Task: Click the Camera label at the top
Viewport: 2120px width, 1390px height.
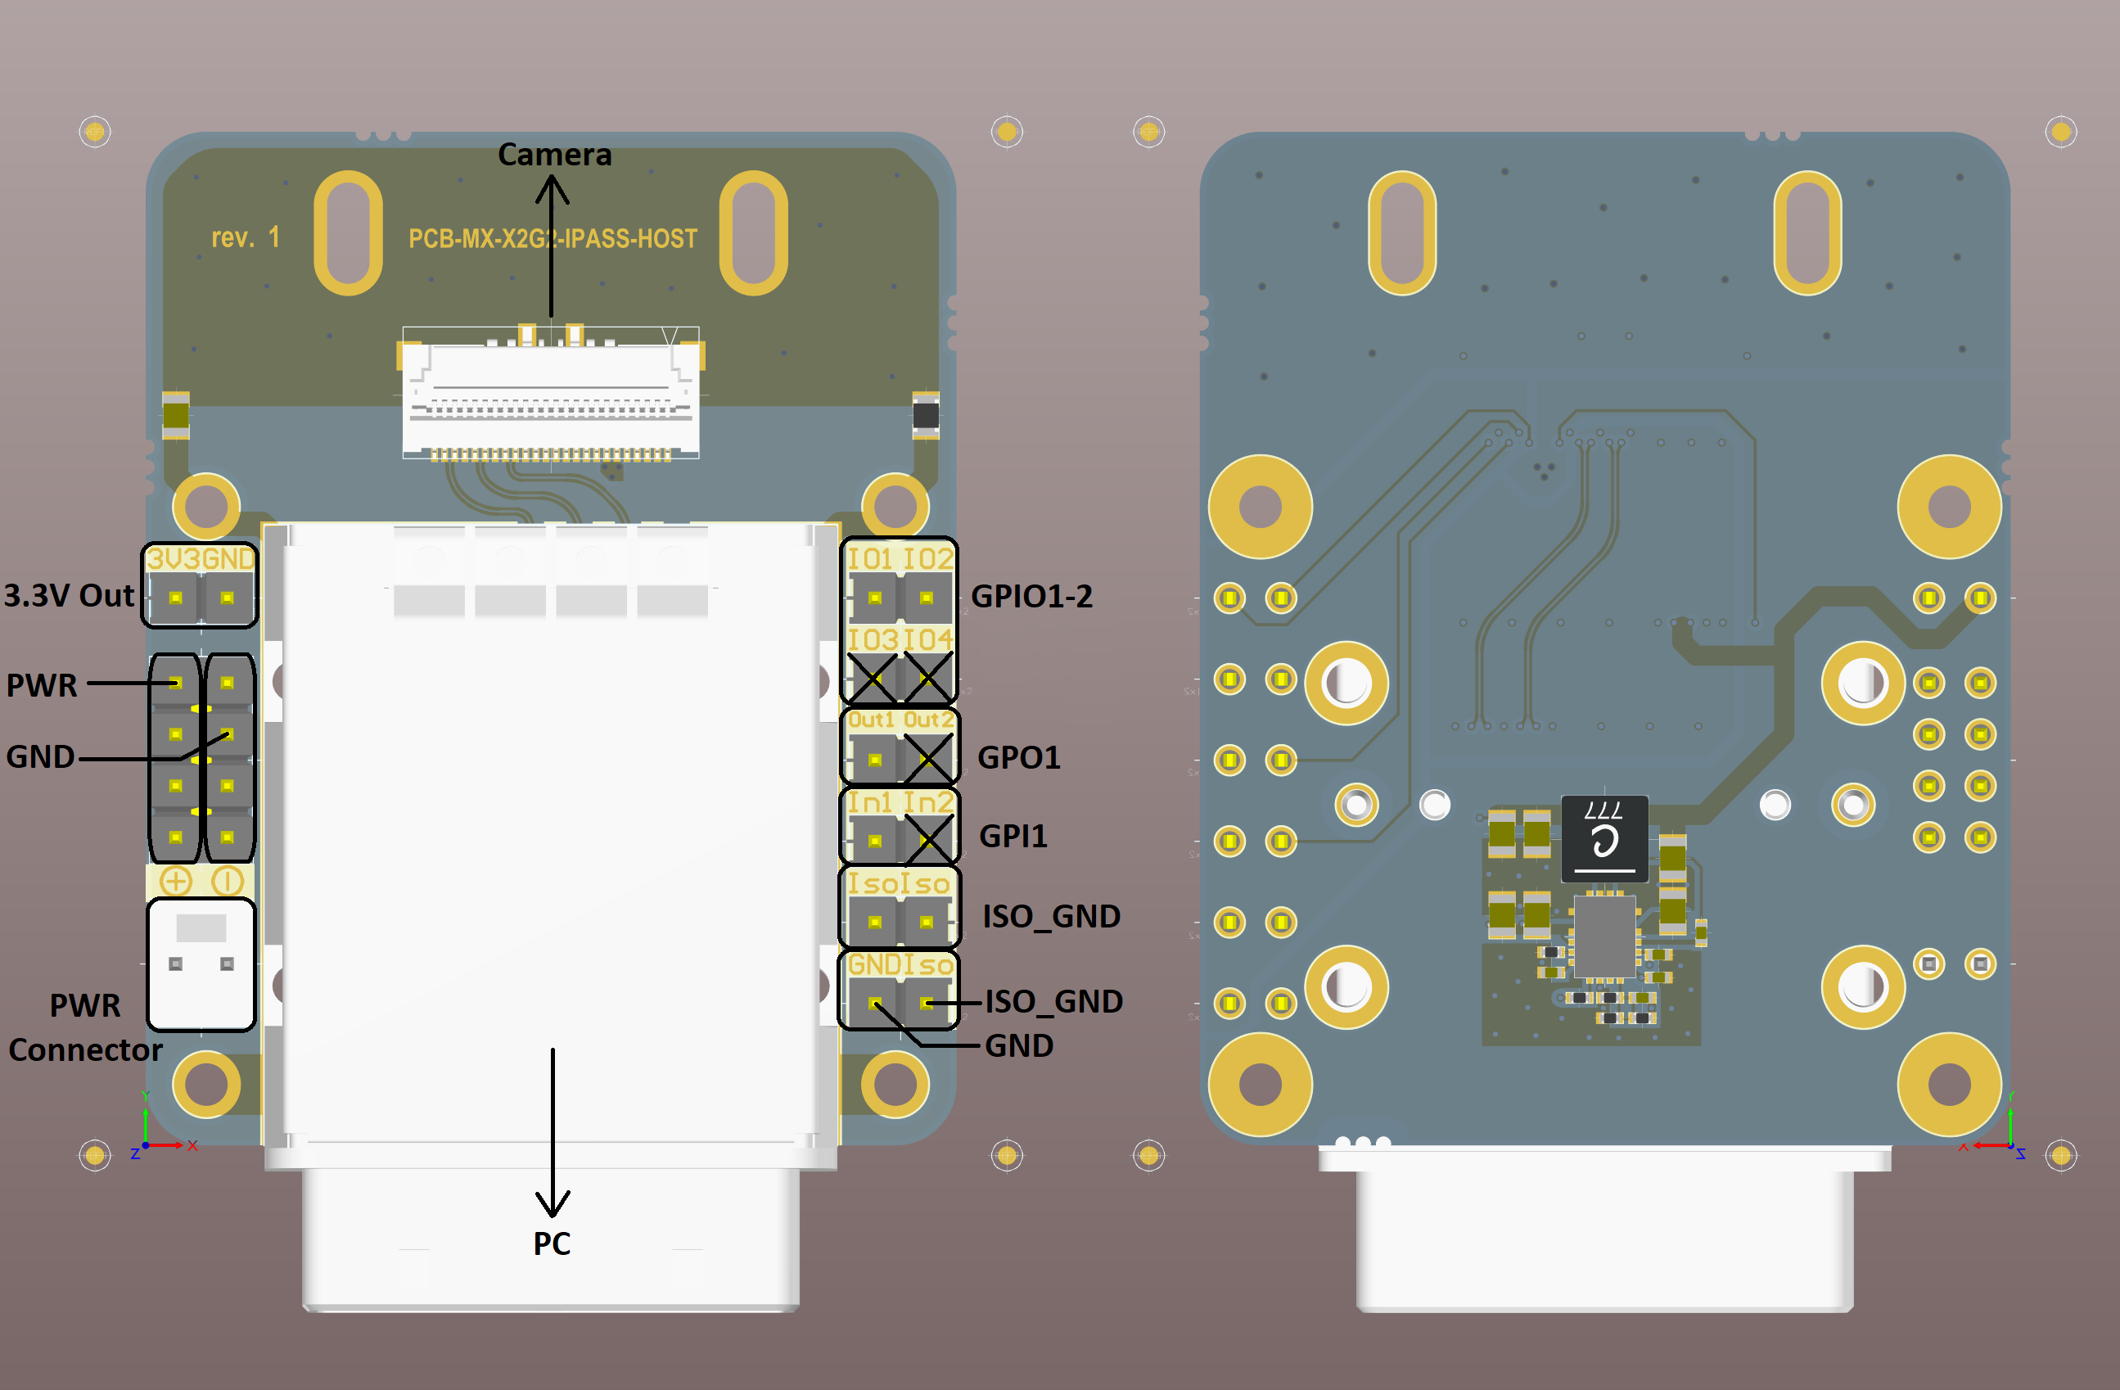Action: [x=554, y=154]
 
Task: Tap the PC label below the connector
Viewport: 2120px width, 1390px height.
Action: [x=552, y=1243]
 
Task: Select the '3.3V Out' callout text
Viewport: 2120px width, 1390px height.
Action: [x=69, y=595]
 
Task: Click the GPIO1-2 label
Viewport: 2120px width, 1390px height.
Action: [x=1031, y=596]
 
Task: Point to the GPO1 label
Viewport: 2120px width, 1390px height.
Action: [x=1018, y=757]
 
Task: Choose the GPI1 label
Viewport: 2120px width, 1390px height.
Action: [x=1013, y=836]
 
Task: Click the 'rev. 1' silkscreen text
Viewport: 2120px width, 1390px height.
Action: [x=245, y=238]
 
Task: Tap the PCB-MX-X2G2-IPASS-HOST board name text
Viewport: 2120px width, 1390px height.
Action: [x=553, y=239]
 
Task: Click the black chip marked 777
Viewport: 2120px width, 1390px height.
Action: [x=1604, y=838]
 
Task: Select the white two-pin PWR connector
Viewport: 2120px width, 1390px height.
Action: [x=201, y=964]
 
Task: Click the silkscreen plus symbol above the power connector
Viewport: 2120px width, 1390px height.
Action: [x=175, y=881]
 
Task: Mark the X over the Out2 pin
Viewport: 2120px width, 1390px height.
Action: [x=927, y=756]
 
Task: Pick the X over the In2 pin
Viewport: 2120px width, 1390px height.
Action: [x=927, y=838]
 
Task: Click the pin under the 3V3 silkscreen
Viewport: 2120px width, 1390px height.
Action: [x=175, y=598]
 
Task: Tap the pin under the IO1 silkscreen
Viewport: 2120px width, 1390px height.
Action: [x=875, y=598]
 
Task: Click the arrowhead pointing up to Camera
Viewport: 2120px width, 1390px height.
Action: [x=553, y=188]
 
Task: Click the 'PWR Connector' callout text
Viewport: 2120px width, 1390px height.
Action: [x=84, y=1027]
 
